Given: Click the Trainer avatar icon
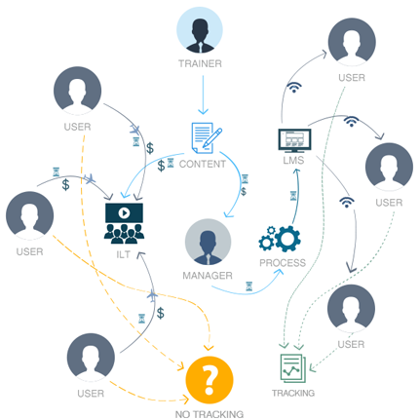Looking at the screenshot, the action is click(200, 30).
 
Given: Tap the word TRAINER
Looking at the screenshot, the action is click(200, 63).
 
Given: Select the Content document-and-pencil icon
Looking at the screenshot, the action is click(207, 137).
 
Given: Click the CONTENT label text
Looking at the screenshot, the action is click(203, 164).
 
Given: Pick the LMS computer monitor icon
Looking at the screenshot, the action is click(294, 140).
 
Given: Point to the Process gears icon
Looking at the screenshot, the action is click(280, 239).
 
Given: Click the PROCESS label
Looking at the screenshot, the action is click(283, 263).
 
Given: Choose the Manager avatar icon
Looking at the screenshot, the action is click(208, 242).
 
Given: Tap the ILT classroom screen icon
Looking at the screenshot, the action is click(124, 223).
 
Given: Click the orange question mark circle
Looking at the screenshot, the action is click(209, 380).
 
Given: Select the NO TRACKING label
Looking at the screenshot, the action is click(209, 414).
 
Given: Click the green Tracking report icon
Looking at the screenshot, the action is click(293, 368).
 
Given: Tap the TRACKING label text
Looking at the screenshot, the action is click(293, 393).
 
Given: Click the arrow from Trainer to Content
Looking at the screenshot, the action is click(203, 95).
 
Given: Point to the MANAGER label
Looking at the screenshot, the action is click(208, 276).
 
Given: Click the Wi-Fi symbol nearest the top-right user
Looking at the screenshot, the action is click(294, 88).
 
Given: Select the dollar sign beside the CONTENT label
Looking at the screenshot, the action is click(161, 166).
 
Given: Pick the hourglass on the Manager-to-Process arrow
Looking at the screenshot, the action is click(248, 286).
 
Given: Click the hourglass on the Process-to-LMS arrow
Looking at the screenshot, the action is click(293, 196).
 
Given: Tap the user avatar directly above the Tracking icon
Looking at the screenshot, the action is click(351, 308).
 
